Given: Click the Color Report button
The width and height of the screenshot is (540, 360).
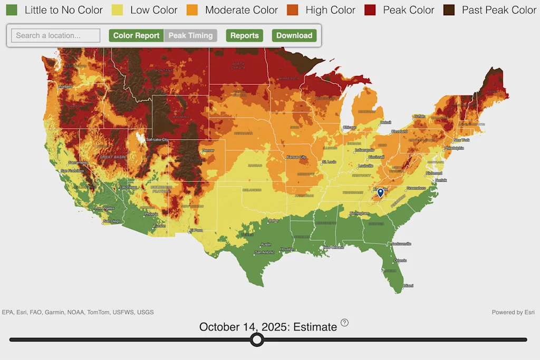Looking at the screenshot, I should [x=136, y=35].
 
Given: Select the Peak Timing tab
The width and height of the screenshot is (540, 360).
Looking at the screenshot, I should [x=190, y=35].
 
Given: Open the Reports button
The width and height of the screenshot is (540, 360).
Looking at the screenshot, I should [x=244, y=35].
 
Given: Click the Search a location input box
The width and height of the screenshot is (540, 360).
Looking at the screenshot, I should [x=55, y=35].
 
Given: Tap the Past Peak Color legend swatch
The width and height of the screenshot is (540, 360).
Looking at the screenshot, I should [x=449, y=10].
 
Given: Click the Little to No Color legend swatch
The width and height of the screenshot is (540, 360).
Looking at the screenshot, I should [x=12, y=10].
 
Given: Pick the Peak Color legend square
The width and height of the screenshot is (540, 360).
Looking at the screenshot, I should [x=370, y=10].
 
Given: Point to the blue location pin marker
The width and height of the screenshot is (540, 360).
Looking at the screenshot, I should [x=381, y=193].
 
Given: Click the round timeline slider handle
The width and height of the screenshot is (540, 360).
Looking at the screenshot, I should [x=257, y=339].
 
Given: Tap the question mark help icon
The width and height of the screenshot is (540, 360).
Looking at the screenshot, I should [x=344, y=323].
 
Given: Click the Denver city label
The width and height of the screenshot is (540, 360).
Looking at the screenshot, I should [x=207, y=150].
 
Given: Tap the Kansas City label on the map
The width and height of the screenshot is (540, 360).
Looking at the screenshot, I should [x=296, y=157].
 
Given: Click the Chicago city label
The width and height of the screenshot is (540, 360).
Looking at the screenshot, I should [x=349, y=127].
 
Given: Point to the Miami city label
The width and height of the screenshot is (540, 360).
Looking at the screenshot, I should [x=408, y=286].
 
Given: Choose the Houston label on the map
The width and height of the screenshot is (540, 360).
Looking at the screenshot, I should [x=286, y=249].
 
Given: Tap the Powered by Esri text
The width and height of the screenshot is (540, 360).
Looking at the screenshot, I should [x=513, y=312].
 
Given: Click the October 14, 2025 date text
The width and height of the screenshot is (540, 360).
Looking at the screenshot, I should [x=268, y=327].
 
